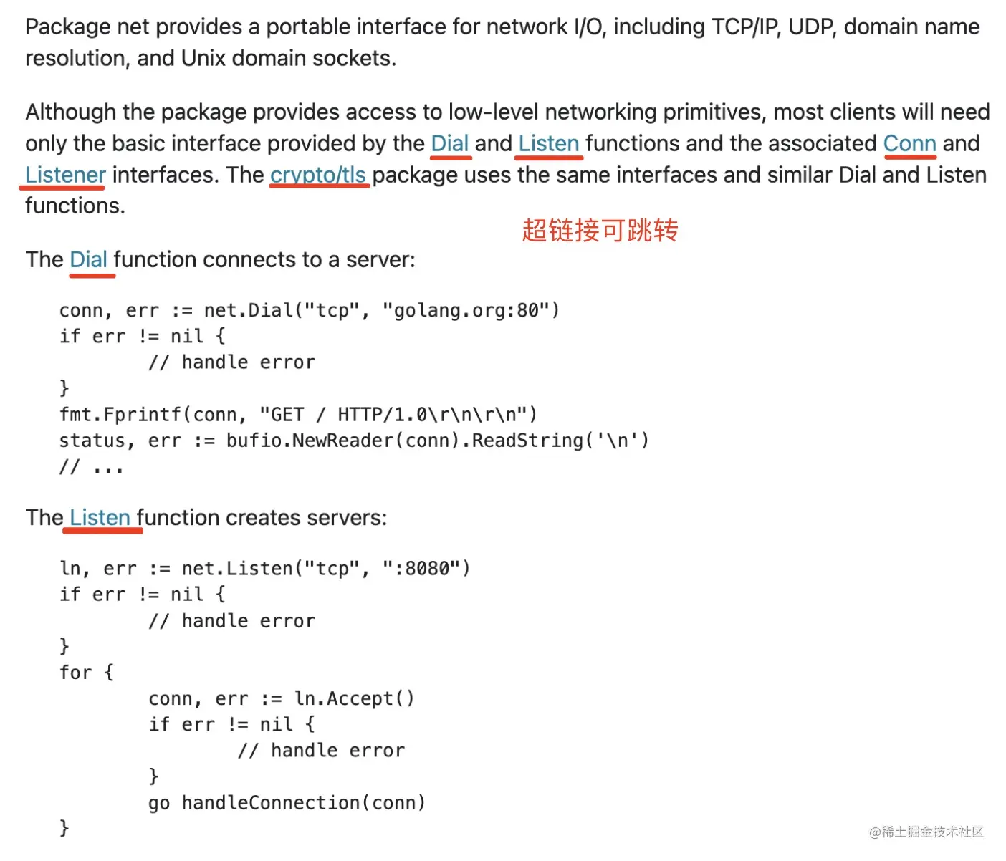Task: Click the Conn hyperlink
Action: pos(909,143)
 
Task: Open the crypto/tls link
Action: pos(318,175)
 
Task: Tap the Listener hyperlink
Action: pos(65,175)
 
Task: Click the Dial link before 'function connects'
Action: pos(89,259)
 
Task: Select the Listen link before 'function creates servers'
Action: pos(100,517)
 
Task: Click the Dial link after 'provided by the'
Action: pos(450,143)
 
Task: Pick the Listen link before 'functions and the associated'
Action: pos(548,143)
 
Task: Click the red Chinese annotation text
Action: pos(600,231)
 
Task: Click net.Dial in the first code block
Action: pos(248,310)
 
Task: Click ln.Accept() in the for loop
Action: pos(354,698)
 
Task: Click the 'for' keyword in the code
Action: pos(76,673)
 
